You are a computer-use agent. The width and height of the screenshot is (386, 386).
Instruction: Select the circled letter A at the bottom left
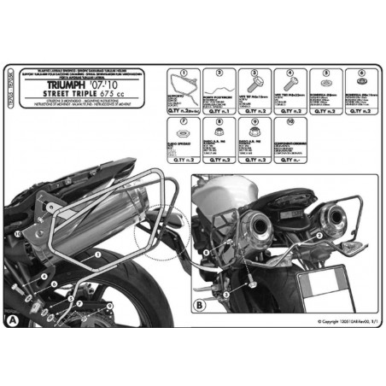pos(11,319)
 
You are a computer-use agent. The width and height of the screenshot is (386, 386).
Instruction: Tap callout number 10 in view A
pos(17,232)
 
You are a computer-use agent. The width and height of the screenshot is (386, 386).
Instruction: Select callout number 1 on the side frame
pos(99,254)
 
